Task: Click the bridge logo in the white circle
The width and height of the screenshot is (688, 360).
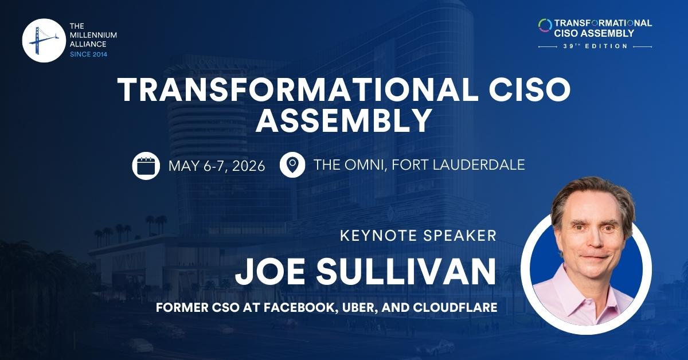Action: pyautogui.click(x=41, y=40)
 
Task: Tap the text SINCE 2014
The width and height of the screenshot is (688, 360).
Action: pyautogui.click(x=88, y=54)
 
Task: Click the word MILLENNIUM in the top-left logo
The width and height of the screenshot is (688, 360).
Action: pyautogui.click(x=93, y=35)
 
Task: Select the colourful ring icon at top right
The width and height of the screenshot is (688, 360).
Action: pyautogui.click(x=545, y=26)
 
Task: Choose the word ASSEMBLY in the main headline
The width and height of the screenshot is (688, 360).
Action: pyautogui.click(x=343, y=121)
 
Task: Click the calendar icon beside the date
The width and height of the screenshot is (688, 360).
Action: pyautogui.click(x=146, y=166)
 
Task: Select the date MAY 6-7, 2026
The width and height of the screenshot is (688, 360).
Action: pyautogui.click(x=217, y=166)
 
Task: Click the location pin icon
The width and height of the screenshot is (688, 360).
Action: pyautogui.click(x=292, y=165)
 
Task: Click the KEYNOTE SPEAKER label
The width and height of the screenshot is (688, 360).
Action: pyautogui.click(x=418, y=236)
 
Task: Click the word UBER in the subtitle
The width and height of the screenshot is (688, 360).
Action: pyautogui.click(x=355, y=308)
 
